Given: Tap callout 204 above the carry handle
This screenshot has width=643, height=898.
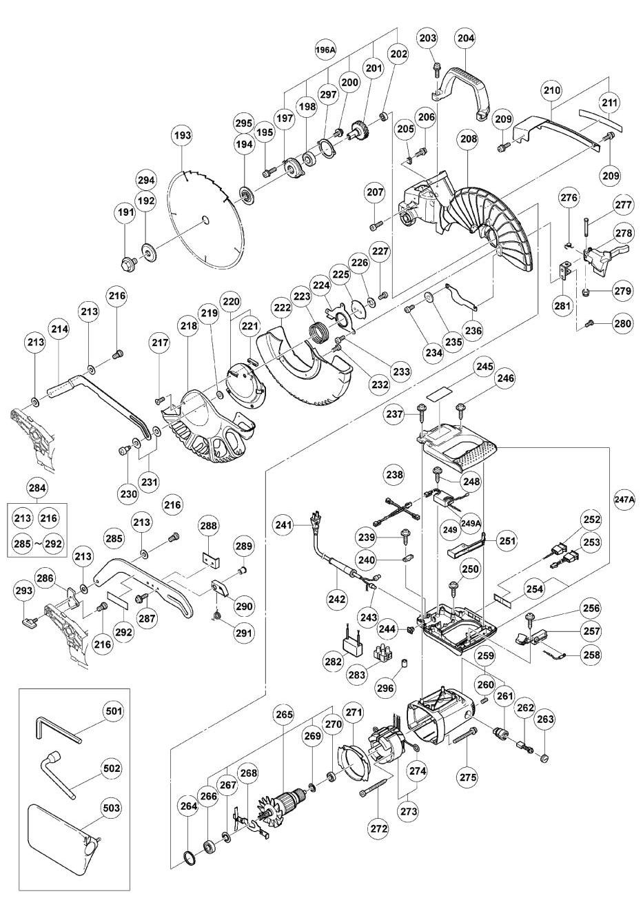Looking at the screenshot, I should click(x=465, y=41).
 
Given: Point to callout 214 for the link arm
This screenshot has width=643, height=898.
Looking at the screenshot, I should click(x=60, y=329).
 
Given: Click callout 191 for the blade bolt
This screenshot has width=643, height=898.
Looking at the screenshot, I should click(x=125, y=214).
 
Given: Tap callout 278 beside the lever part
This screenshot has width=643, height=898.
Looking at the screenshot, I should click(x=624, y=233).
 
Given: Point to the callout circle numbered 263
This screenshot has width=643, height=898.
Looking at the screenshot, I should click(x=545, y=721).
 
